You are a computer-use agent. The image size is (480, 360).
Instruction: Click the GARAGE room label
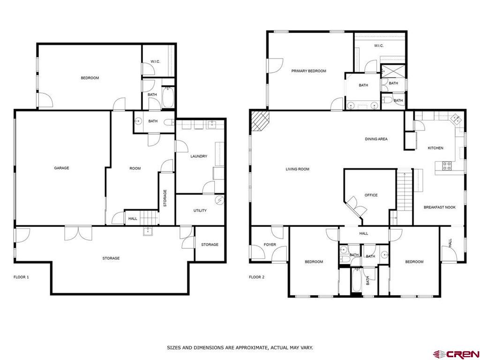tap(61, 168)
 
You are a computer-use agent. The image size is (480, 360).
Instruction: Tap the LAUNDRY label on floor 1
tap(199, 157)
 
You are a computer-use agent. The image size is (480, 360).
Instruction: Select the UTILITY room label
tap(200, 211)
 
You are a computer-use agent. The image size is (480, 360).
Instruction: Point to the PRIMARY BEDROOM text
tap(308, 71)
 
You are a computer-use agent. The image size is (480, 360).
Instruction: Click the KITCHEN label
tap(435, 148)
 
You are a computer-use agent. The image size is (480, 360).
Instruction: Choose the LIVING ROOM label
tap(298, 169)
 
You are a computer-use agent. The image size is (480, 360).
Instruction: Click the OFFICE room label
tap(371, 195)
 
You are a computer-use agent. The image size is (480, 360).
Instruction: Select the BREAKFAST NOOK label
tap(439, 207)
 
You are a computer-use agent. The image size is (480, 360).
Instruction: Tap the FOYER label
tap(270, 245)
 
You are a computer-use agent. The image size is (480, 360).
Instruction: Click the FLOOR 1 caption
tap(21, 277)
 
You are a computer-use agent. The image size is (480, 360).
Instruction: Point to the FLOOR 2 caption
tap(256, 277)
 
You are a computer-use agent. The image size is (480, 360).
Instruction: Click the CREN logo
tap(456, 353)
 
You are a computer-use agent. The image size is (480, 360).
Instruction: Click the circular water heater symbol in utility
tap(219, 200)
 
